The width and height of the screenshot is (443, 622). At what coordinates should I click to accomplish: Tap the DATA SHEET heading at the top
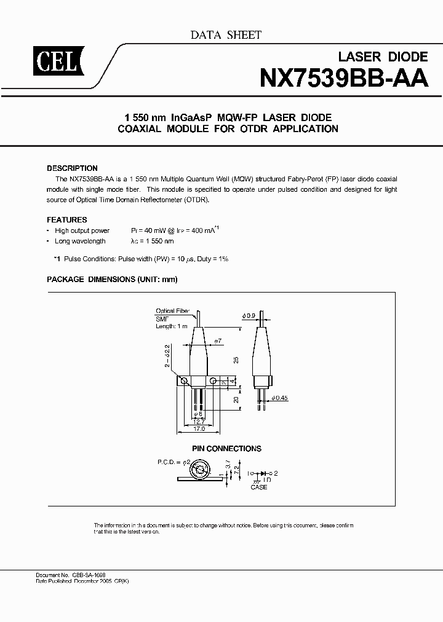tap(226, 35)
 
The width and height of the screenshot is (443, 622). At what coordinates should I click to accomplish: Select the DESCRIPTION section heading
tap(72, 168)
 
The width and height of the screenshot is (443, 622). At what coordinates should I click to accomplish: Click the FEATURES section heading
tap(67, 219)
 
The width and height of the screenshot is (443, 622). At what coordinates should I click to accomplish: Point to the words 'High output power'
tap(82, 230)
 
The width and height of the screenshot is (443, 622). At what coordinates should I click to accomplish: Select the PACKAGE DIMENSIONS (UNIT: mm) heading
tap(112, 279)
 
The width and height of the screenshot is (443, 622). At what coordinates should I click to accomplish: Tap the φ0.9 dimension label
tap(249, 316)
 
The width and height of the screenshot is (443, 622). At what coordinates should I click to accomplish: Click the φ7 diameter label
tap(217, 341)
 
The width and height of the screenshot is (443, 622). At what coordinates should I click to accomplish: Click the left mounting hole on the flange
tap(183, 382)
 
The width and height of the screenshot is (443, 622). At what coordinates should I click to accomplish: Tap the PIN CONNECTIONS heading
tap(226, 449)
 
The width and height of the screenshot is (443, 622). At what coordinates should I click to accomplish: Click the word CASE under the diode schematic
tap(259, 487)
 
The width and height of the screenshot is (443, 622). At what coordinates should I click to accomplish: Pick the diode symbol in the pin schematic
tap(264, 473)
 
